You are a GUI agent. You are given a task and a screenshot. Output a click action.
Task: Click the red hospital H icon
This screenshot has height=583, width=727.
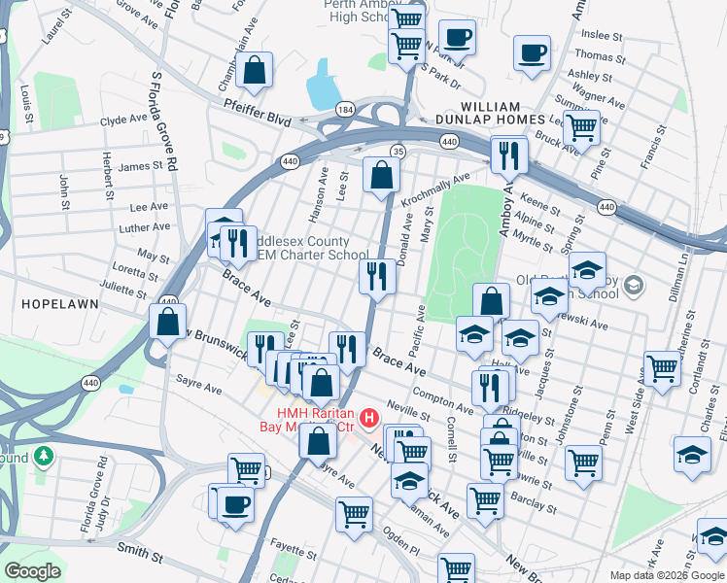(x=369, y=419)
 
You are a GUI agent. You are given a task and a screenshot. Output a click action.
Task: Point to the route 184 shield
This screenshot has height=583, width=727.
(x=345, y=109)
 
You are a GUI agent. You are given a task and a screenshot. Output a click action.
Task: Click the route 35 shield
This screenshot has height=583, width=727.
(x=398, y=151)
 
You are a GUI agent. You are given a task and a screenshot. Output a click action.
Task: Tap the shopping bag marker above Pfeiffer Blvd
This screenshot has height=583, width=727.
(x=254, y=70)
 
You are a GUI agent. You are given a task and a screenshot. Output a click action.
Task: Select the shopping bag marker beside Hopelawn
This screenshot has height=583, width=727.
(x=167, y=324)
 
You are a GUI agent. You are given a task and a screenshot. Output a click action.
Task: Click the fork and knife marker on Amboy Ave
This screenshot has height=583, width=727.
(x=508, y=154)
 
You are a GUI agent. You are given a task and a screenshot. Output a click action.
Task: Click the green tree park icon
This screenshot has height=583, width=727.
(x=43, y=455)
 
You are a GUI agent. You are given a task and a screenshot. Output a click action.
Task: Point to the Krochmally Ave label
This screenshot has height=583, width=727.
(x=435, y=190)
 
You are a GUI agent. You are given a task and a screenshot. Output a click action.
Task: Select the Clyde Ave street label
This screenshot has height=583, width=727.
(x=123, y=120)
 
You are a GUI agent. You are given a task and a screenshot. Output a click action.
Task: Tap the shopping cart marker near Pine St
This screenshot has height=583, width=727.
(x=581, y=126)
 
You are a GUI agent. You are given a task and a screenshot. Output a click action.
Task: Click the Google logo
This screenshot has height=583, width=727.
(x=33, y=571)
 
